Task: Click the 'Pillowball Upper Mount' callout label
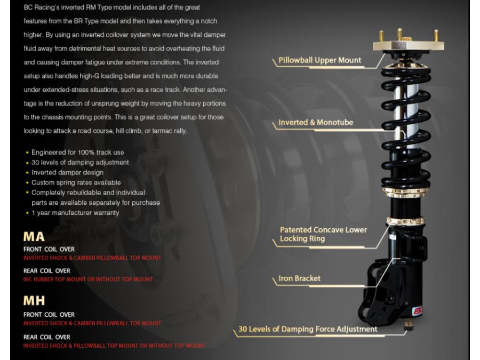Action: pyautogui.click(x=320, y=61)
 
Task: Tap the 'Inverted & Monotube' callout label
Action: pyautogui.click(x=316, y=123)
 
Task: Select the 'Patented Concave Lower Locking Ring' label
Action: pyautogui.click(x=323, y=234)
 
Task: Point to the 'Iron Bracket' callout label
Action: pyautogui.click(x=300, y=278)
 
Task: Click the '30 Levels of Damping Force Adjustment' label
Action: pyautogui.click(x=308, y=329)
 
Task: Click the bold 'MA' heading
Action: pyautogui.click(x=34, y=237)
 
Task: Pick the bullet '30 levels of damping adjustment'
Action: pyautogui.click(x=80, y=163)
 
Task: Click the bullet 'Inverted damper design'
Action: pyautogui.click(x=67, y=173)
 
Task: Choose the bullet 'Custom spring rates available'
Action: pyautogui.click(x=76, y=183)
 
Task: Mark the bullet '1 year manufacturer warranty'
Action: pyautogui.click(x=75, y=213)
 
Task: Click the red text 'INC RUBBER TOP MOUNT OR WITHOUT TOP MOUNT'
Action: pyautogui.click(x=88, y=279)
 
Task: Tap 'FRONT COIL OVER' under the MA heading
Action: pyautogui.click(x=49, y=249)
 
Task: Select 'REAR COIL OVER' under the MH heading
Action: pyautogui.click(x=47, y=337)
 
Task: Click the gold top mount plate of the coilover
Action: pyautogui.click(x=409, y=47)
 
